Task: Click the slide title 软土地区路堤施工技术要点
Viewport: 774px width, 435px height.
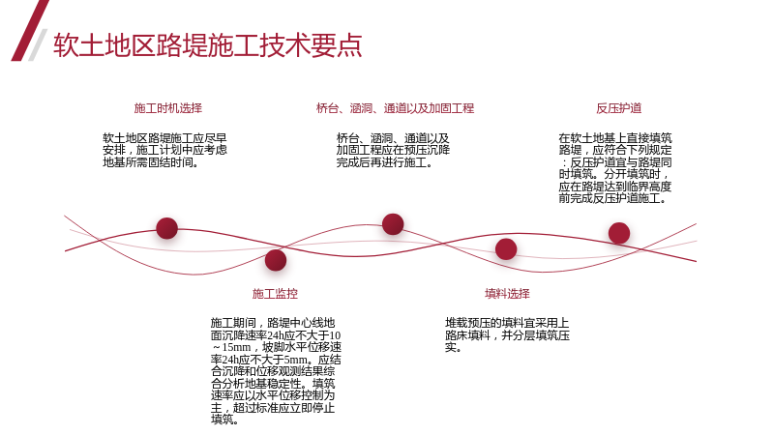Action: [208, 45]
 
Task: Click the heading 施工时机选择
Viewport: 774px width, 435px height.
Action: [168, 108]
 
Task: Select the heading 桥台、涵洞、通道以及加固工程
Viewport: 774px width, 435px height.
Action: [395, 108]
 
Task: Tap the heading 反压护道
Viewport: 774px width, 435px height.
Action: [619, 108]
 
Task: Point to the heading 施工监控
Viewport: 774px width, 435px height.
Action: [275, 294]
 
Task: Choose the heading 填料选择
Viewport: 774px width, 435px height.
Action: [507, 294]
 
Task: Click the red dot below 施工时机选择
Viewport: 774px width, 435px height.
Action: [166, 228]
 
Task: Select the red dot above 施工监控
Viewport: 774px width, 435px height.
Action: [276, 260]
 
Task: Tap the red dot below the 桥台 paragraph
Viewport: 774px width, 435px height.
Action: [393, 224]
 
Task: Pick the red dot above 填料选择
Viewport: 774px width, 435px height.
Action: [506, 248]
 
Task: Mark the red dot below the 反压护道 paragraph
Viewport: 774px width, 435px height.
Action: [619, 233]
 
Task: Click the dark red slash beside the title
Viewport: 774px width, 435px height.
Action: [30, 31]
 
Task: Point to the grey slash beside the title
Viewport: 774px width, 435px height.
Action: [38, 44]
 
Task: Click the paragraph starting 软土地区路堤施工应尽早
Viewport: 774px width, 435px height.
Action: [164, 150]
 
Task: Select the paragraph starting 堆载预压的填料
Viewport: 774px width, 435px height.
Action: [507, 335]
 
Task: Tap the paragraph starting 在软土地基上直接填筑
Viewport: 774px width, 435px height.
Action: [615, 168]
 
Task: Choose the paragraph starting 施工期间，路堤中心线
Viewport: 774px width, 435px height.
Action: [276, 371]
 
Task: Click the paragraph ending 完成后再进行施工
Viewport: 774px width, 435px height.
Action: [393, 150]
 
